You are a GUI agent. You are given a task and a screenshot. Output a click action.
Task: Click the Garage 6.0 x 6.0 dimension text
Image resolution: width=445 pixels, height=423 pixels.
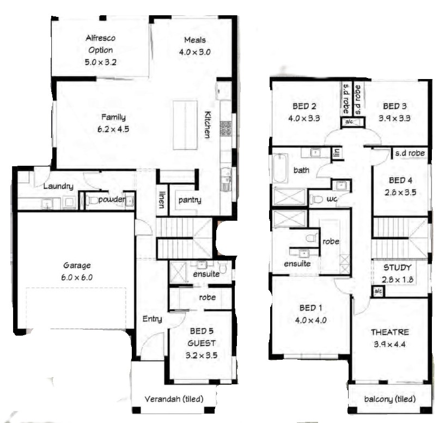77,277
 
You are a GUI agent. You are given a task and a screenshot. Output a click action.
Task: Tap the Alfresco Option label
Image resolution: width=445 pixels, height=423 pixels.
100,44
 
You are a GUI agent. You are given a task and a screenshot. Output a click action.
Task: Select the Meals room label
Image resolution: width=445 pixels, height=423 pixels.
194,40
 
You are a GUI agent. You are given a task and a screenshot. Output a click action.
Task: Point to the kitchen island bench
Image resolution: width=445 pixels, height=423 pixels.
185,125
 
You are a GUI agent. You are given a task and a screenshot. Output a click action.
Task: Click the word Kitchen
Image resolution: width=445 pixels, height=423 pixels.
208,125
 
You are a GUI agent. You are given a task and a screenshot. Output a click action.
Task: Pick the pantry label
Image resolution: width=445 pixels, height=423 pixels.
190,200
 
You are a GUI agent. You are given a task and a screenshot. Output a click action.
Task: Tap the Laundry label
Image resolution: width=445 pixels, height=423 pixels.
58,186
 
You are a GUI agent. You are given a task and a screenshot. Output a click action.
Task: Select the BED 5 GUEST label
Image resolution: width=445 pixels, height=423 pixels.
201,337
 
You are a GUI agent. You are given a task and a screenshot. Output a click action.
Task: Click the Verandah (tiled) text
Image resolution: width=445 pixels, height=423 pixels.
174,399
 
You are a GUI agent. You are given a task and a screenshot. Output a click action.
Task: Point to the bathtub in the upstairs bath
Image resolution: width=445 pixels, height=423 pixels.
281,168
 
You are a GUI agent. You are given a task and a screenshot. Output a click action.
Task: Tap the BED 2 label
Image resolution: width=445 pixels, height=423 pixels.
304,106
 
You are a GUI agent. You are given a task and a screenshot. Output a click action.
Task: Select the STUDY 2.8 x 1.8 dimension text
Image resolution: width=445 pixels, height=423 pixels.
397,280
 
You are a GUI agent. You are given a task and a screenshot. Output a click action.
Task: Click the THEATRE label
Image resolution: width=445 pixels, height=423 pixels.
390,332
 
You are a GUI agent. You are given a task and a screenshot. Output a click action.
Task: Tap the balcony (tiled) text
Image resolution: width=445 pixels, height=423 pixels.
390,399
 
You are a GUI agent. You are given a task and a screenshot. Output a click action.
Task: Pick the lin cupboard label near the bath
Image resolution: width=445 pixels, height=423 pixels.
337,153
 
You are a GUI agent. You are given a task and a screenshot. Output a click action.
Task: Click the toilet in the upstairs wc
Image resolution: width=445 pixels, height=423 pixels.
316,200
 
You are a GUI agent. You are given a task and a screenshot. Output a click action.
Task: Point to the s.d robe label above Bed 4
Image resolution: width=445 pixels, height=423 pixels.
410,153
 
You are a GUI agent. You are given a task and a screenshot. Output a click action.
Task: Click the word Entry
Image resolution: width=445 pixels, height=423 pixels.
152,319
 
